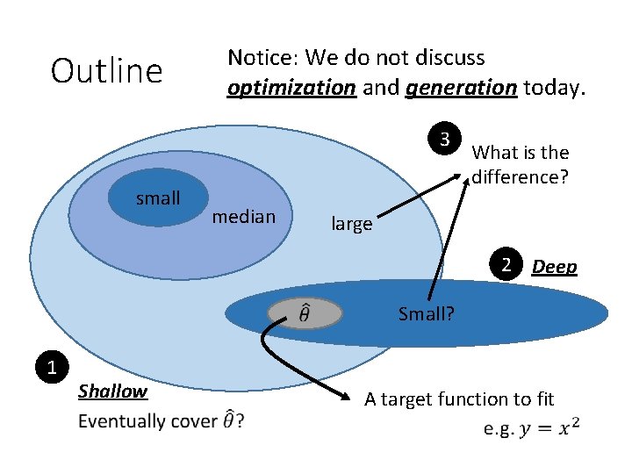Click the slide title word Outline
pyautogui.click(x=107, y=71)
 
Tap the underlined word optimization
pyautogui.click(x=291, y=88)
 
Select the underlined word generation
pyautogui.click(x=461, y=88)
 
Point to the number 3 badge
pyautogui.click(x=445, y=140)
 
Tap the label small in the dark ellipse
pyautogui.click(x=158, y=198)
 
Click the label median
pyautogui.click(x=244, y=217)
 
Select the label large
pyautogui.click(x=351, y=225)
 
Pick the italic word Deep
pyautogui.click(x=555, y=267)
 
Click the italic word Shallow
pyautogui.click(x=112, y=391)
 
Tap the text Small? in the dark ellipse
pyautogui.click(x=426, y=313)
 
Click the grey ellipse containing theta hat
pyautogui.click(x=304, y=312)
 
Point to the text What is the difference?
pyautogui.click(x=521, y=164)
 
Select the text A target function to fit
pyautogui.click(x=459, y=399)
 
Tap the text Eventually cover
pyautogui.click(x=147, y=421)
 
